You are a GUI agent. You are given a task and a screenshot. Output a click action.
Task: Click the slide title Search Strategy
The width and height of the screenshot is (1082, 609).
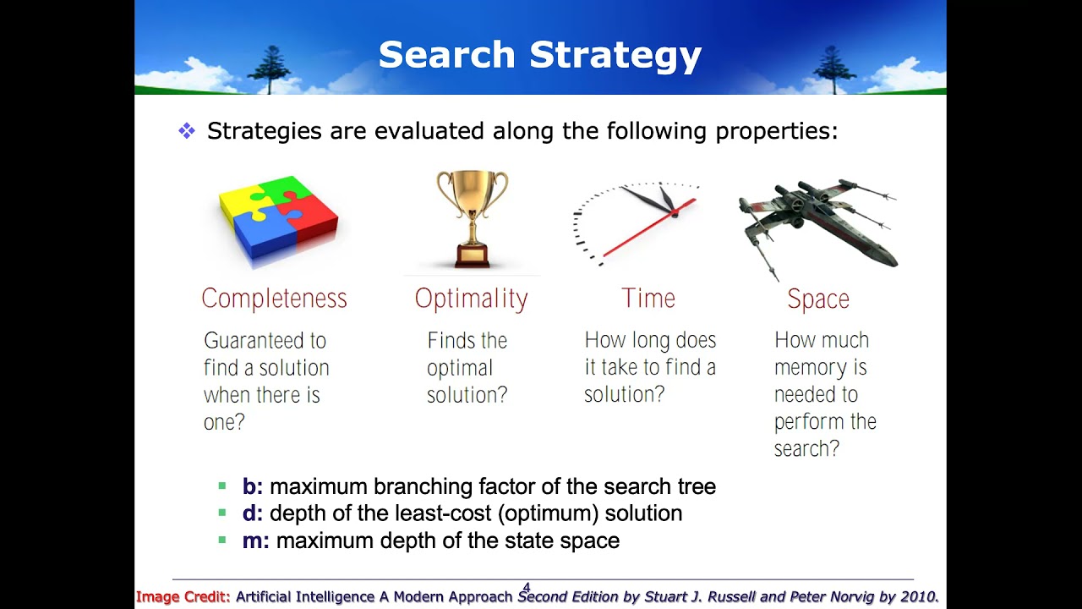pyautogui.click(x=540, y=55)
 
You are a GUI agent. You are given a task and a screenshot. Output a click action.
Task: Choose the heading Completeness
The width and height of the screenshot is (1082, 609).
pyautogui.click(x=274, y=299)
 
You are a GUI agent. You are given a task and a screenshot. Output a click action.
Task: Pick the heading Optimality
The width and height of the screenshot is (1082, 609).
pyautogui.click(x=471, y=299)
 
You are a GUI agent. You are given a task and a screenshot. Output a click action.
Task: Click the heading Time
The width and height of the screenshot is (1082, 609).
pyautogui.click(x=648, y=299)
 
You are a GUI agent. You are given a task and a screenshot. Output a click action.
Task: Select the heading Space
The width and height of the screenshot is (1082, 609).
pyautogui.click(x=817, y=299)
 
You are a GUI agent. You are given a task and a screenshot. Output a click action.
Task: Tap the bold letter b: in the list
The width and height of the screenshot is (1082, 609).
pyautogui.click(x=252, y=487)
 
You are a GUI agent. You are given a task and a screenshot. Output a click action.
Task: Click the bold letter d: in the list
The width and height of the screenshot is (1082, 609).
pyautogui.click(x=252, y=513)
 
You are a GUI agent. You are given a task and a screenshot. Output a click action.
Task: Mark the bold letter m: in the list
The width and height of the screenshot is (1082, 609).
pyautogui.click(x=255, y=540)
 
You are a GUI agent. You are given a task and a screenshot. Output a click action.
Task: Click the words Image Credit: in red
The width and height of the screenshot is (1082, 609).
pyautogui.click(x=183, y=596)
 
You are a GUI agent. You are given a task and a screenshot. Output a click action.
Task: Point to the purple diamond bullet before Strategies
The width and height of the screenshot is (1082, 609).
pyautogui.click(x=187, y=131)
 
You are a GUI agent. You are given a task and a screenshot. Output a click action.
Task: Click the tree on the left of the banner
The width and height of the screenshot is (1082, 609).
pyautogui.click(x=270, y=68)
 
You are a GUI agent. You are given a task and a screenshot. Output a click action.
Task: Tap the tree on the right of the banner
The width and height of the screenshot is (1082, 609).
pyautogui.click(x=833, y=68)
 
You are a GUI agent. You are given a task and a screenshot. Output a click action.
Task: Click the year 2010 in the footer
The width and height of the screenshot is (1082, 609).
pyautogui.click(x=917, y=596)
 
